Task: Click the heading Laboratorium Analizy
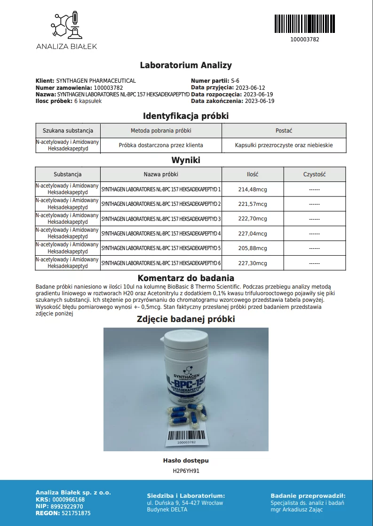tap(186, 65)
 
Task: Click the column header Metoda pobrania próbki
tap(161, 131)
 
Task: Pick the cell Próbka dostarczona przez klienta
tap(161, 145)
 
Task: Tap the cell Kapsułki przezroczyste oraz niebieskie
tap(284, 145)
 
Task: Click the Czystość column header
tap(314, 174)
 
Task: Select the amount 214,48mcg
tap(253, 189)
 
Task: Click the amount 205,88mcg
tap(253, 248)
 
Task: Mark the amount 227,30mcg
tap(253, 263)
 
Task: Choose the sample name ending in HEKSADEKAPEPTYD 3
tap(161, 219)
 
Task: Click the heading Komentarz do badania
tap(186, 278)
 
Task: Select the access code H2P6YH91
tap(186, 470)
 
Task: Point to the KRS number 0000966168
tap(69, 500)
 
